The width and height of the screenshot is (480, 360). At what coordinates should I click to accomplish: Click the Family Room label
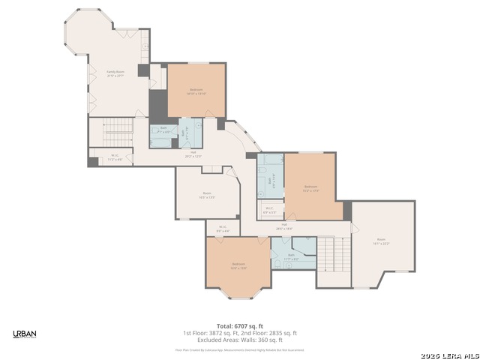pyautogui.click(x=115, y=73)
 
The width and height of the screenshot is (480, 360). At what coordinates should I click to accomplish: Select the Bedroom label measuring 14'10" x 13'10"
pyautogui.click(x=195, y=91)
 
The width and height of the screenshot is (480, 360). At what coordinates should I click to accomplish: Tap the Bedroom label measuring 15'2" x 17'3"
pyautogui.click(x=310, y=188)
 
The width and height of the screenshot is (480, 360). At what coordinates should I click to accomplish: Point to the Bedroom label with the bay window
pyautogui.click(x=238, y=265)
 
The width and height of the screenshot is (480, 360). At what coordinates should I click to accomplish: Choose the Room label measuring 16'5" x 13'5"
pyautogui.click(x=206, y=195)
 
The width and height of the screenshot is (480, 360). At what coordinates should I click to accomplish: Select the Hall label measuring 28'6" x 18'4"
pyautogui.click(x=285, y=226)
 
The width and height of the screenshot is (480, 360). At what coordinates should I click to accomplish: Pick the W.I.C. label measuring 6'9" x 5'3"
pyautogui.click(x=268, y=211)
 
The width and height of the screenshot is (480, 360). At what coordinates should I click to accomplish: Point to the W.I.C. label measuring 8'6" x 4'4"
pyautogui.click(x=223, y=228)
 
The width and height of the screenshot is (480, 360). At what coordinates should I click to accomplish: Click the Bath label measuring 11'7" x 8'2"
pyautogui.click(x=292, y=258)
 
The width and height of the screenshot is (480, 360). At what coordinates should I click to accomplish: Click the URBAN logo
pyautogui.click(x=24, y=334)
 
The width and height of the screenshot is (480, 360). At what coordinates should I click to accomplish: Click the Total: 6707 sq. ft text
pyautogui.click(x=239, y=326)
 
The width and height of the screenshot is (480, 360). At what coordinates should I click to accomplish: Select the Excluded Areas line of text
pyautogui.click(x=239, y=340)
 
